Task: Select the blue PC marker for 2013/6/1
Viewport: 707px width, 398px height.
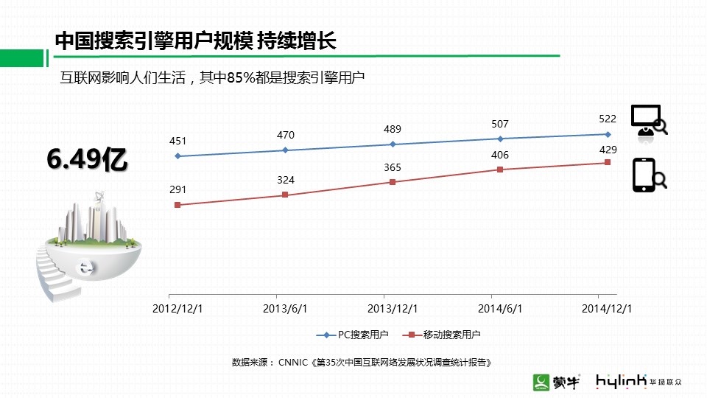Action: coord(285,150)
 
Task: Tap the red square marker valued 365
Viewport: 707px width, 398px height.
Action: coord(393,181)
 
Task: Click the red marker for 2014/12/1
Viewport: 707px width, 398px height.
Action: coord(608,162)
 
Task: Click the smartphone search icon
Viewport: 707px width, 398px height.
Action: coord(648,175)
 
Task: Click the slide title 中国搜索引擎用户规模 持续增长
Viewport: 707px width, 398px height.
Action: coord(196,41)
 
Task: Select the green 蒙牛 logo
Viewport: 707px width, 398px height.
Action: coord(557,381)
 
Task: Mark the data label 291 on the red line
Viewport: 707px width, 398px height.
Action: coord(177,190)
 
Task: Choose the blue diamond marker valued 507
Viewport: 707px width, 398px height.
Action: coord(500,139)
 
